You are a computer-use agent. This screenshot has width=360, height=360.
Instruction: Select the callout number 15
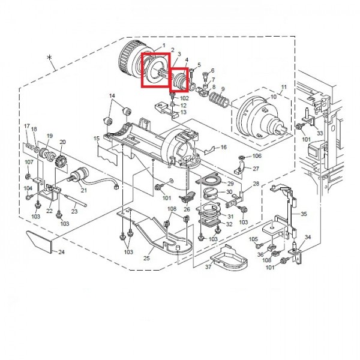click(97, 139)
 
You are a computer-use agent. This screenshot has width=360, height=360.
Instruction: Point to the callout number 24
click(61, 252)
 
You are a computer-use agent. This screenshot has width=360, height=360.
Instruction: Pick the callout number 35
click(304, 214)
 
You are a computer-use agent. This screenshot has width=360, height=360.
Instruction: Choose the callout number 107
click(29, 162)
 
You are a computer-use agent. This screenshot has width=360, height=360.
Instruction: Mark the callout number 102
click(184, 98)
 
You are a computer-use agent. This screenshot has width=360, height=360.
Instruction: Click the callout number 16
click(223, 147)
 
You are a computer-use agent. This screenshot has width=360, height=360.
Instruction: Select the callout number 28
click(256, 184)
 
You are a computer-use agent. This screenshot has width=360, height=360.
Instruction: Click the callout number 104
click(28, 188)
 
